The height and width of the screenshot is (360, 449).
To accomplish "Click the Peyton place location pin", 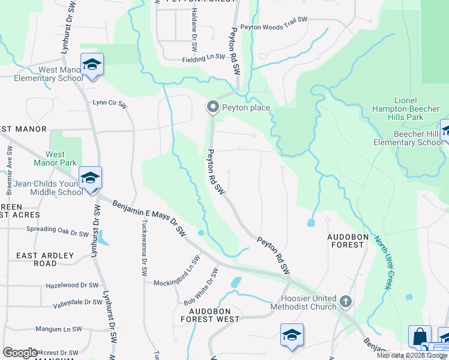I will pyautogui.click(x=212, y=107).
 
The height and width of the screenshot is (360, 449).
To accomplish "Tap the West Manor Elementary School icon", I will pyautogui.click(x=92, y=64).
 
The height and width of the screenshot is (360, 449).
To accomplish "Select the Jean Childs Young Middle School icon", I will pyautogui.click(x=90, y=178).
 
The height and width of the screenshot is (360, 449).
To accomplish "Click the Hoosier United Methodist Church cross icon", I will pyautogui.click(x=345, y=301).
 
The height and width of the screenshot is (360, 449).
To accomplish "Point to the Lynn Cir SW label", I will pyautogui.click(x=110, y=103).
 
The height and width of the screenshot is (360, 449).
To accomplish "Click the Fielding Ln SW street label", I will pyautogui.click(x=203, y=59).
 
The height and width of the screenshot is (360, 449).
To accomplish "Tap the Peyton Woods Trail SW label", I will pyautogui.click(x=274, y=27).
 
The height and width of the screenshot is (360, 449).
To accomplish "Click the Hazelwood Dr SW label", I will pyautogui.click(x=71, y=286).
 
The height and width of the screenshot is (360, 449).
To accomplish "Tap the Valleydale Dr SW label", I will pyautogui.click(x=75, y=305).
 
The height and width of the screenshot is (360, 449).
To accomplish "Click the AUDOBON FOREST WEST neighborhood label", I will pyautogui.click(x=214, y=315).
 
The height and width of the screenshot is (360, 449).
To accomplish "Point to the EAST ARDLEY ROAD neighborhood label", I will pyautogui.click(x=45, y=259).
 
